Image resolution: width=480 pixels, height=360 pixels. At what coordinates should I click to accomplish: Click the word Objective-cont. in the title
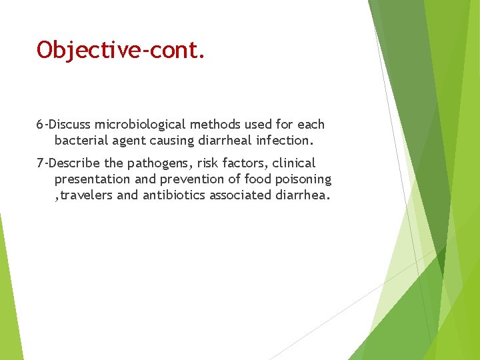tap(121, 50)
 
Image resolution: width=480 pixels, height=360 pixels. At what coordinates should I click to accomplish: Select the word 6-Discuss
tap(64, 125)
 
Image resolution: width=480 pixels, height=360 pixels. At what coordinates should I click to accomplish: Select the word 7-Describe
tap(68, 163)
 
